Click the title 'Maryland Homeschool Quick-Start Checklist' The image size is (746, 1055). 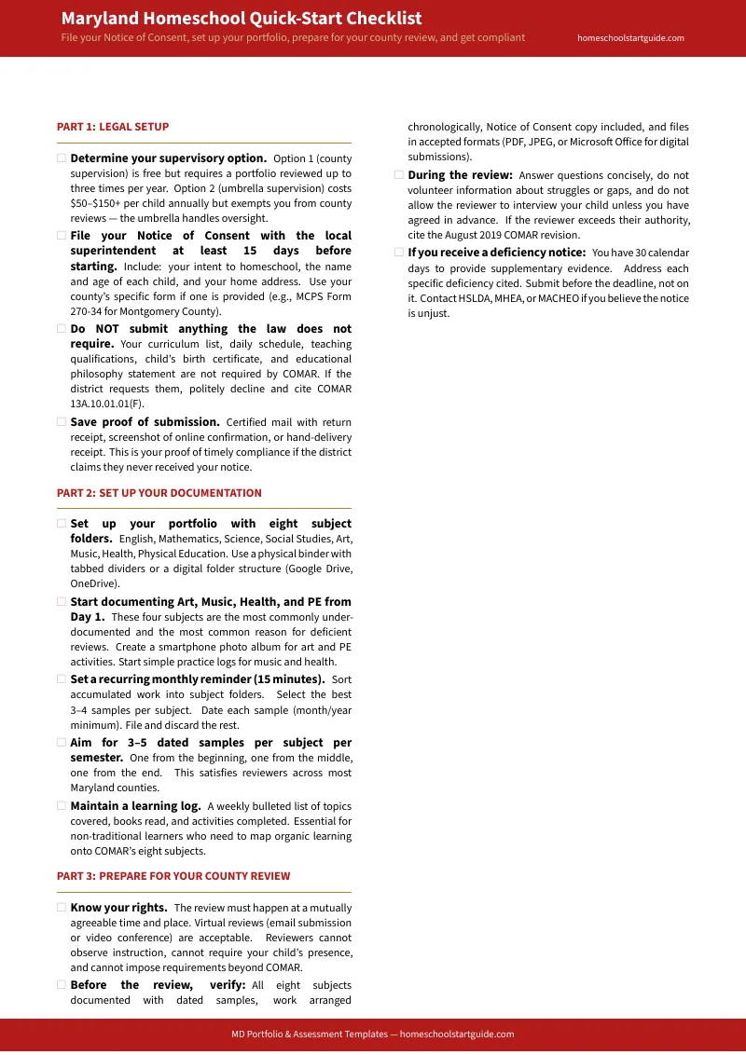tap(242, 19)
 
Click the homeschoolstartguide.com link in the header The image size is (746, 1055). tap(630, 38)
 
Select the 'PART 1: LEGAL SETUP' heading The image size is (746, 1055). tap(113, 127)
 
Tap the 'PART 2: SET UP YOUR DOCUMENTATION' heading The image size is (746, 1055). tap(159, 493)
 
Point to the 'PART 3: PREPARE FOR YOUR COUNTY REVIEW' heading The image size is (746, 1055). tap(173, 876)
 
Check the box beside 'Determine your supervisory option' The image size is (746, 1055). tap(62, 158)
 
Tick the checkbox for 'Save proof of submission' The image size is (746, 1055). tap(62, 422)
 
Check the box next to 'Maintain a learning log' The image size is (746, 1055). tap(62, 806)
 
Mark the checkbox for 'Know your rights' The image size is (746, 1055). tap(62, 908)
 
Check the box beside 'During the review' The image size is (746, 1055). tap(399, 175)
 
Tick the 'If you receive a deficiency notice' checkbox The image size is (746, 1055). tap(399, 253)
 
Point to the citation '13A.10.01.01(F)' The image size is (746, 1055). tap(107, 404)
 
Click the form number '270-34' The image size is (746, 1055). tap(89, 311)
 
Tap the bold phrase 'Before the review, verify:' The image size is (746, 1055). tap(159, 985)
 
